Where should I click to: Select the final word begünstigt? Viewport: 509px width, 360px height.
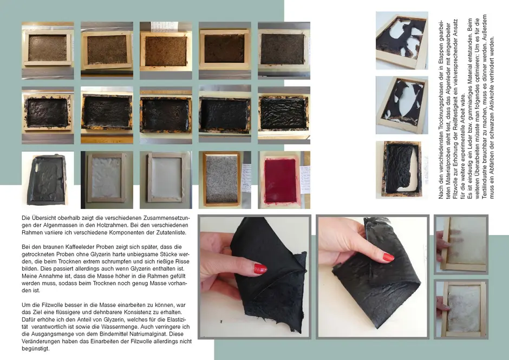coord(35,349)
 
